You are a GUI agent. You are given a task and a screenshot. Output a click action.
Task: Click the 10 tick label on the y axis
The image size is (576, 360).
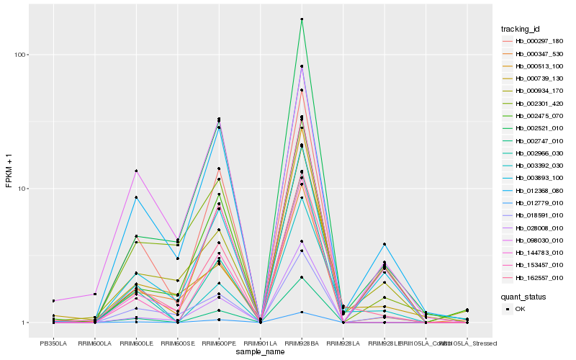point(22,189)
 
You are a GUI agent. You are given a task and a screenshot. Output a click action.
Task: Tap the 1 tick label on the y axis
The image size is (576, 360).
point(24,323)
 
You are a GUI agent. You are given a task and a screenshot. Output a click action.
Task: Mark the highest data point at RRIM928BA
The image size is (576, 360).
point(302,19)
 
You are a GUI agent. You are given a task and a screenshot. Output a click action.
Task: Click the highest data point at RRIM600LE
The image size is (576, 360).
point(136,171)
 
